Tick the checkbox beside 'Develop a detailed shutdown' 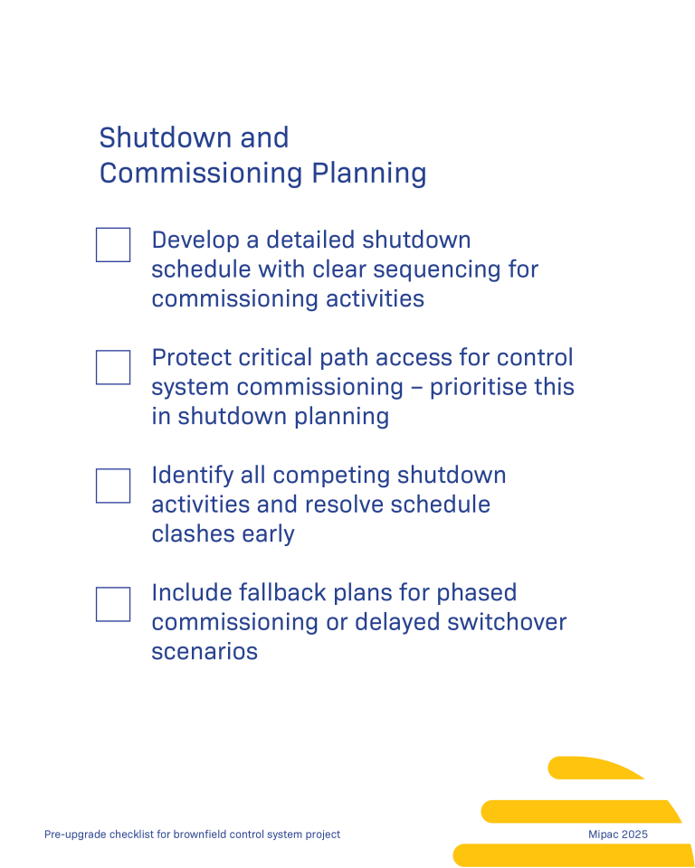[x=113, y=245]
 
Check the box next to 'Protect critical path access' [x=113, y=367]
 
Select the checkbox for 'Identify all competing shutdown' [x=113, y=486]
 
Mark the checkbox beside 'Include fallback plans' [x=113, y=604]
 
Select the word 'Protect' [x=191, y=358]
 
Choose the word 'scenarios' [x=205, y=651]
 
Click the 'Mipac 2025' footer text [x=618, y=835]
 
